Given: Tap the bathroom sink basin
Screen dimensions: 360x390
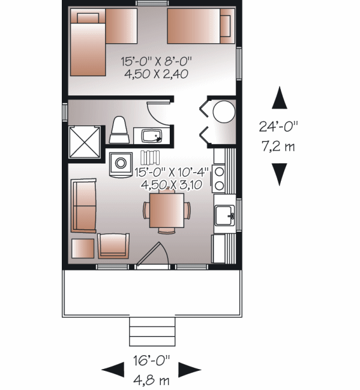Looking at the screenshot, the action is (152, 136).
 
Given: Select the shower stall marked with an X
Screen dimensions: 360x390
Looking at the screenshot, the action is (85, 142).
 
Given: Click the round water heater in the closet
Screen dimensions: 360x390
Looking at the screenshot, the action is (224, 112).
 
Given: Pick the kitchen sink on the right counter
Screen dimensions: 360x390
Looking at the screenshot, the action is (224, 215).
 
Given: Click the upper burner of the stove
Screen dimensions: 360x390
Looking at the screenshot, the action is (220, 172).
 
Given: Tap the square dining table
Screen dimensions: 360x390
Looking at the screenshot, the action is (167, 211).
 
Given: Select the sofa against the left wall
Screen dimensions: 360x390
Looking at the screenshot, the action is (83, 205).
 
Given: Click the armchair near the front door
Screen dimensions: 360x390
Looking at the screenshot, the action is (113, 246).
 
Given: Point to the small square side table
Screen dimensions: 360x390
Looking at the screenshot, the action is (83, 248).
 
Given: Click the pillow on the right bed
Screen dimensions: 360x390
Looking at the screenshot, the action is (226, 26).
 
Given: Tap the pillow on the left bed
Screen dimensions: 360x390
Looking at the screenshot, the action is (88, 18).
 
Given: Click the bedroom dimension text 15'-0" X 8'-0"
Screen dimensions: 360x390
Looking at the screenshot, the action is (157, 61).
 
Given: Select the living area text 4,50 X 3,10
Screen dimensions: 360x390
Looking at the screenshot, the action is (172, 185).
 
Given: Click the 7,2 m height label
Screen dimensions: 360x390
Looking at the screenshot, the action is (278, 146).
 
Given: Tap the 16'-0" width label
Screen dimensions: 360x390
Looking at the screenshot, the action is (152, 361).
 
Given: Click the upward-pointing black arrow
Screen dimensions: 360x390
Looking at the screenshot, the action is (280, 97).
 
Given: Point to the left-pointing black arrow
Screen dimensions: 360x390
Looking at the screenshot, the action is (113, 370).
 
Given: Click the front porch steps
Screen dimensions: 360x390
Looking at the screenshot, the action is (152, 332).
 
